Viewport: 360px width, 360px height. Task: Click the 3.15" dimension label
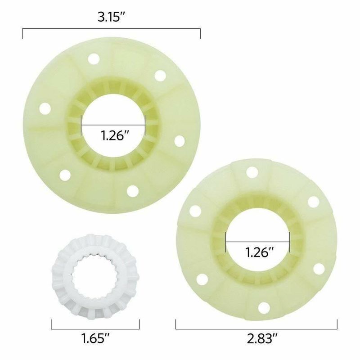click(112, 17)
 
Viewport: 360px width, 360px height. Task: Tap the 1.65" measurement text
click(96, 338)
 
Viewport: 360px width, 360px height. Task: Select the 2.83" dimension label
click(262, 339)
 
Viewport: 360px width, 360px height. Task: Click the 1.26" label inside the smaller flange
click(260, 252)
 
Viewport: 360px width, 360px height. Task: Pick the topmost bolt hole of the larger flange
click(94, 59)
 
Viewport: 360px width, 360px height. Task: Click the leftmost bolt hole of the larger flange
click(45, 108)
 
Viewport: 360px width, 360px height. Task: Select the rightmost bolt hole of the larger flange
click(180, 141)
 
